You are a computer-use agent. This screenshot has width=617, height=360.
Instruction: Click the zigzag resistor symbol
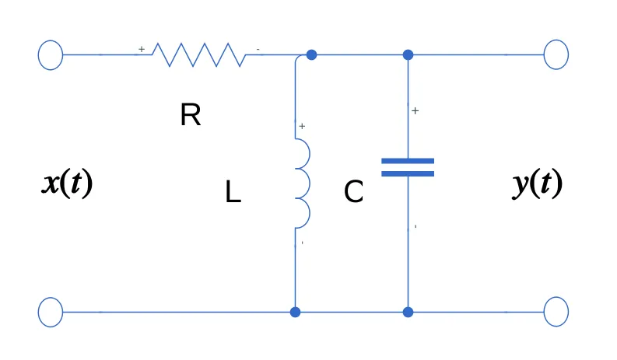[x=198, y=54]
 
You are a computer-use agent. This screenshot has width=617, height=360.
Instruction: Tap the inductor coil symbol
[x=302, y=183]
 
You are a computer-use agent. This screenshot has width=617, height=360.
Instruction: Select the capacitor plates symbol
[x=408, y=167]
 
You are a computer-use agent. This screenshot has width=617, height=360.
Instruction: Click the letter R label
[x=190, y=116]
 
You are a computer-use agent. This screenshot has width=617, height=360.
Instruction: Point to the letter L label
[x=233, y=192]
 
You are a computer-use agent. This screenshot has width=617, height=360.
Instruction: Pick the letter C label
[x=353, y=192]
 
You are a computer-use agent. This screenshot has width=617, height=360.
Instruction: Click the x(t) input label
[x=67, y=183]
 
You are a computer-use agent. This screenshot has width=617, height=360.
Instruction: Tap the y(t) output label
[x=537, y=183]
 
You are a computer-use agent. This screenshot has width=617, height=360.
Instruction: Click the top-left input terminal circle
[x=51, y=54]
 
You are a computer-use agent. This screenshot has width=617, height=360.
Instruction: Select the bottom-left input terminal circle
[x=51, y=312]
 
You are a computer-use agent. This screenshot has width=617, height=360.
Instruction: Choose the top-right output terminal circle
[x=556, y=54]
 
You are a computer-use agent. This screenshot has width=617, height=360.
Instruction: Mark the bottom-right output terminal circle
[x=556, y=312]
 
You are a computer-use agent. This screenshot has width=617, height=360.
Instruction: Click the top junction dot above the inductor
[x=311, y=54]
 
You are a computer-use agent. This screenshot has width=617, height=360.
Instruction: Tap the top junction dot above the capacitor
[x=408, y=54]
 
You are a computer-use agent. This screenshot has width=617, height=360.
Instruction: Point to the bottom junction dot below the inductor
[x=295, y=312]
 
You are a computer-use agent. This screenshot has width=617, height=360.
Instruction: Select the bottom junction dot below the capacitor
[x=408, y=312]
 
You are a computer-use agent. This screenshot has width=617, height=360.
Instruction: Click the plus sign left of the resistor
[x=142, y=49]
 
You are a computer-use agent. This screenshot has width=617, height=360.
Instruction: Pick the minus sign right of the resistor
[x=258, y=50]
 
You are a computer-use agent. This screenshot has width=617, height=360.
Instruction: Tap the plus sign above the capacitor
[x=415, y=111]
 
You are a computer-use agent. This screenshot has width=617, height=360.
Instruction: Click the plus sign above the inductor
[x=302, y=125]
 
